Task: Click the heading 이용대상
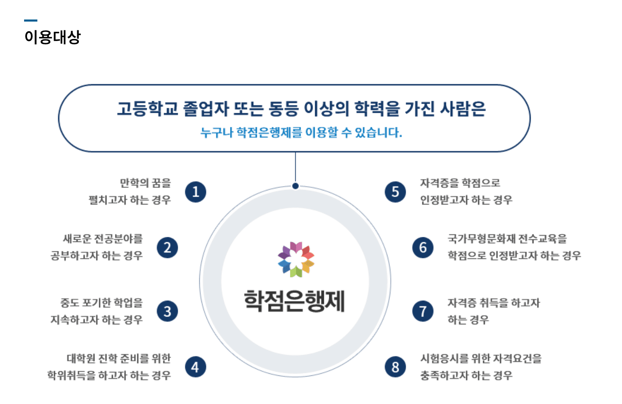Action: point(52,37)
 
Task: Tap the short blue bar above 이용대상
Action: point(31,21)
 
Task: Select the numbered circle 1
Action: point(196,192)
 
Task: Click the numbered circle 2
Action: point(167,248)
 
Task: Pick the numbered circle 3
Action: point(167,311)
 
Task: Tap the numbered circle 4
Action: point(196,367)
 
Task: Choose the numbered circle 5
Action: point(395,192)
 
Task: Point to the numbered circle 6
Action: point(423,248)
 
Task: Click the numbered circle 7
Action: point(423,311)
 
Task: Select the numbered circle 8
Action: point(395,367)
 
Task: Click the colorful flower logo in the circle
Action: point(296,259)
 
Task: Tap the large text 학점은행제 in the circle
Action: point(294,301)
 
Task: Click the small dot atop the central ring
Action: point(296,186)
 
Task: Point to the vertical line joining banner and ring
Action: point(296,167)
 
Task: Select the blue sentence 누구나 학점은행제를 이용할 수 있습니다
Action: point(301,132)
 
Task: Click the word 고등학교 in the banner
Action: point(147,109)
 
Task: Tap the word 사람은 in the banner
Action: point(463,109)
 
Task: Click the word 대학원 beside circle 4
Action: point(81,358)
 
